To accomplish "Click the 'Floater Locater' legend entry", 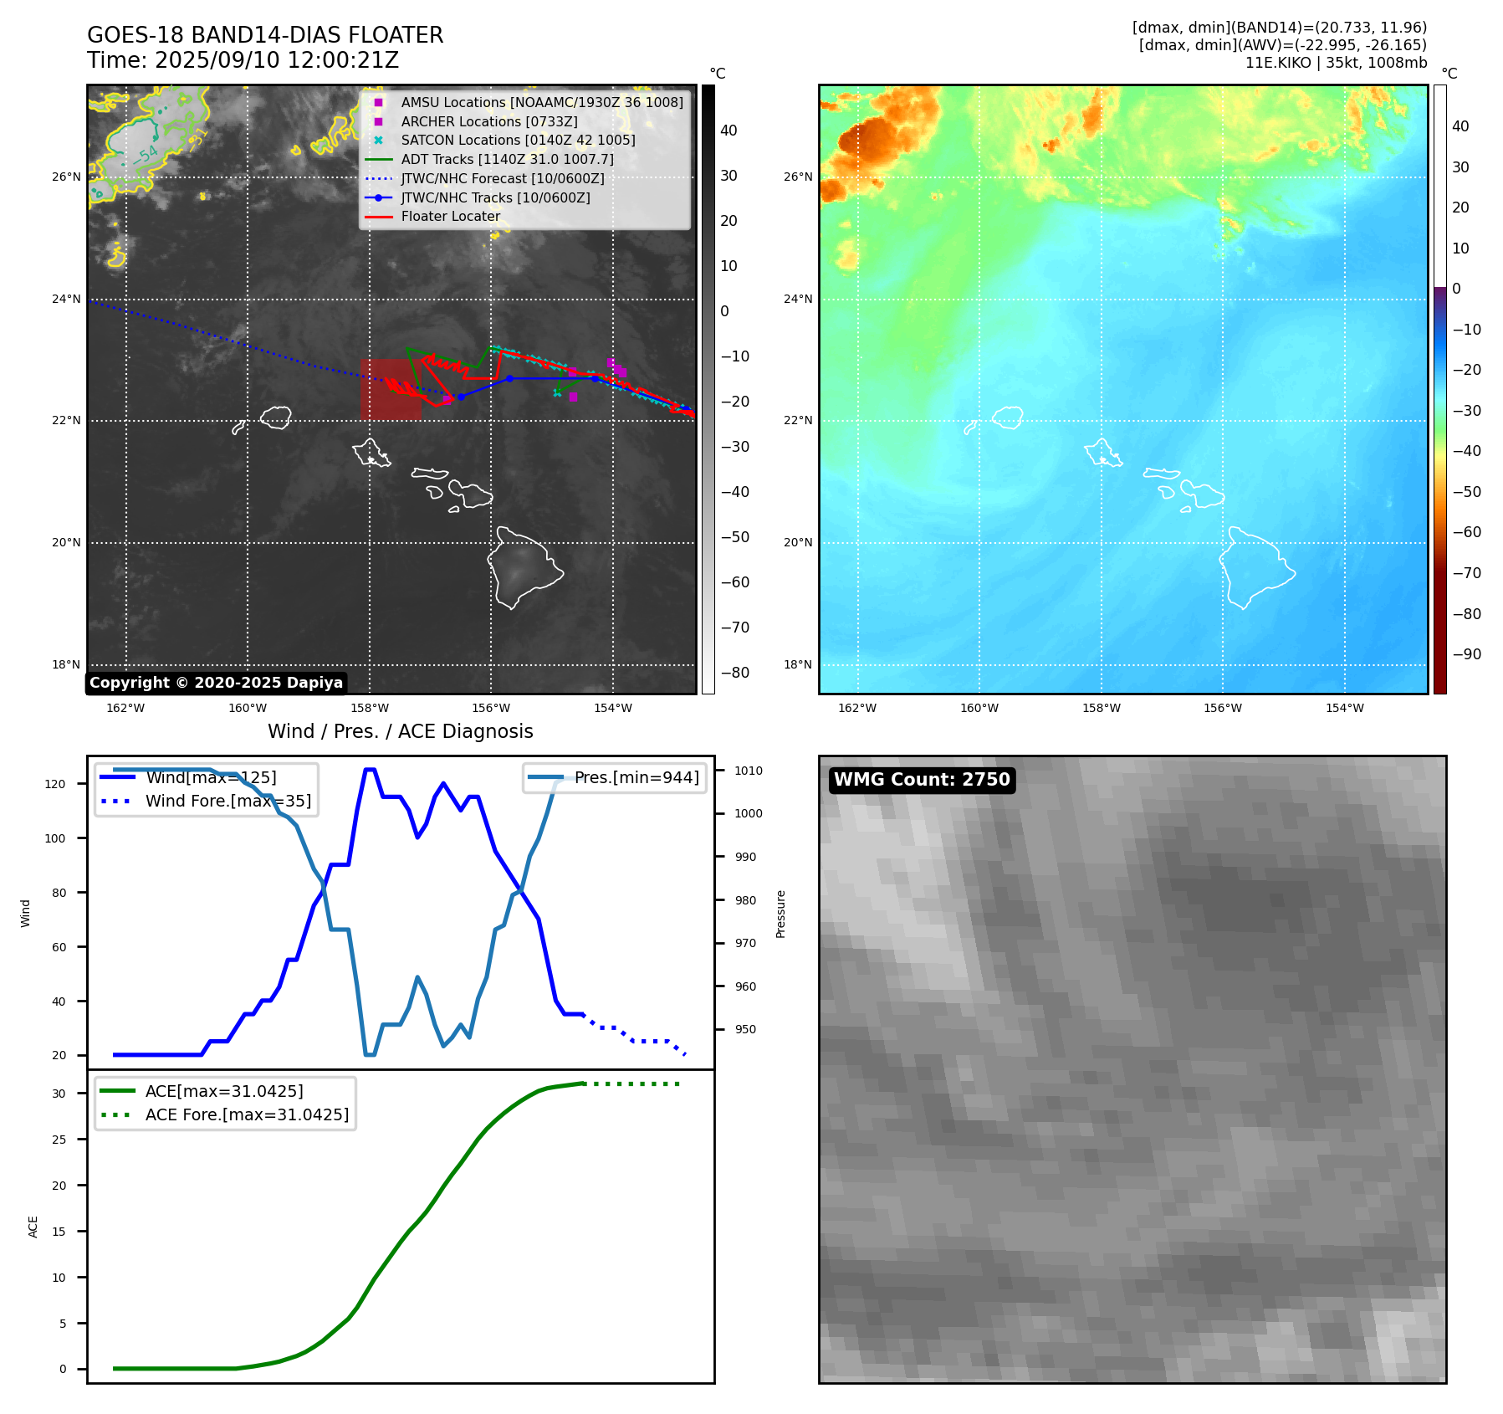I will (x=450, y=217).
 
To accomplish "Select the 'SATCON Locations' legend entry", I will (x=518, y=141).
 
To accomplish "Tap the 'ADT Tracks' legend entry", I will (x=507, y=159).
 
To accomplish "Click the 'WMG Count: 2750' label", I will (x=922, y=780).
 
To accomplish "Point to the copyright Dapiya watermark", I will (x=216, y=683).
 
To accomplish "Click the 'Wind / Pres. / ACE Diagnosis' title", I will (x=400, y=731).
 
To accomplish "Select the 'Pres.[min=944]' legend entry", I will (x=636, y=778).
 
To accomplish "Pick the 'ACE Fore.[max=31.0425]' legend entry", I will (x=247, y=1114).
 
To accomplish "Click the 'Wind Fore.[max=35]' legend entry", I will (x=227, y=802).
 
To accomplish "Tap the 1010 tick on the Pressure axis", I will (x=749, y=771).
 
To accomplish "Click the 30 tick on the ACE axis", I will (x=59, y=1094).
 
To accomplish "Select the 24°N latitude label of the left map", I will (x=66, y=300).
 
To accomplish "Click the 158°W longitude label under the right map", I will (x=1101, y=708).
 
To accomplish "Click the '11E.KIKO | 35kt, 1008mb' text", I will (x=1336, y=63).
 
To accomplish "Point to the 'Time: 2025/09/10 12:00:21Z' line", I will (x=243, y=61).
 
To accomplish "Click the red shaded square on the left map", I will (x=390, y=390).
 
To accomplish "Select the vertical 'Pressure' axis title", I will (x=780, y=914).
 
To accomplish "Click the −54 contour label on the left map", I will (x=146, y=155).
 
